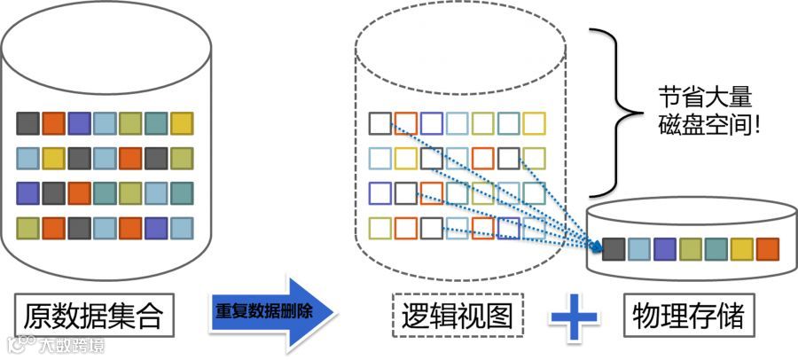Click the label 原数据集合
(x=94, y=315)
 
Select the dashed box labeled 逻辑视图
(x=458, y=315)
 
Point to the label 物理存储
(x=689, y=315)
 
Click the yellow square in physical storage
(x=741, y=249)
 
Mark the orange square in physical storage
(x=767, y=249)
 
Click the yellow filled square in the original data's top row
(x=182, y=123)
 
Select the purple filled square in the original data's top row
(x=79, y=123)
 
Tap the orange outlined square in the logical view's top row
(x=406, y=123)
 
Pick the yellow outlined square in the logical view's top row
(x=535, y=123)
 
